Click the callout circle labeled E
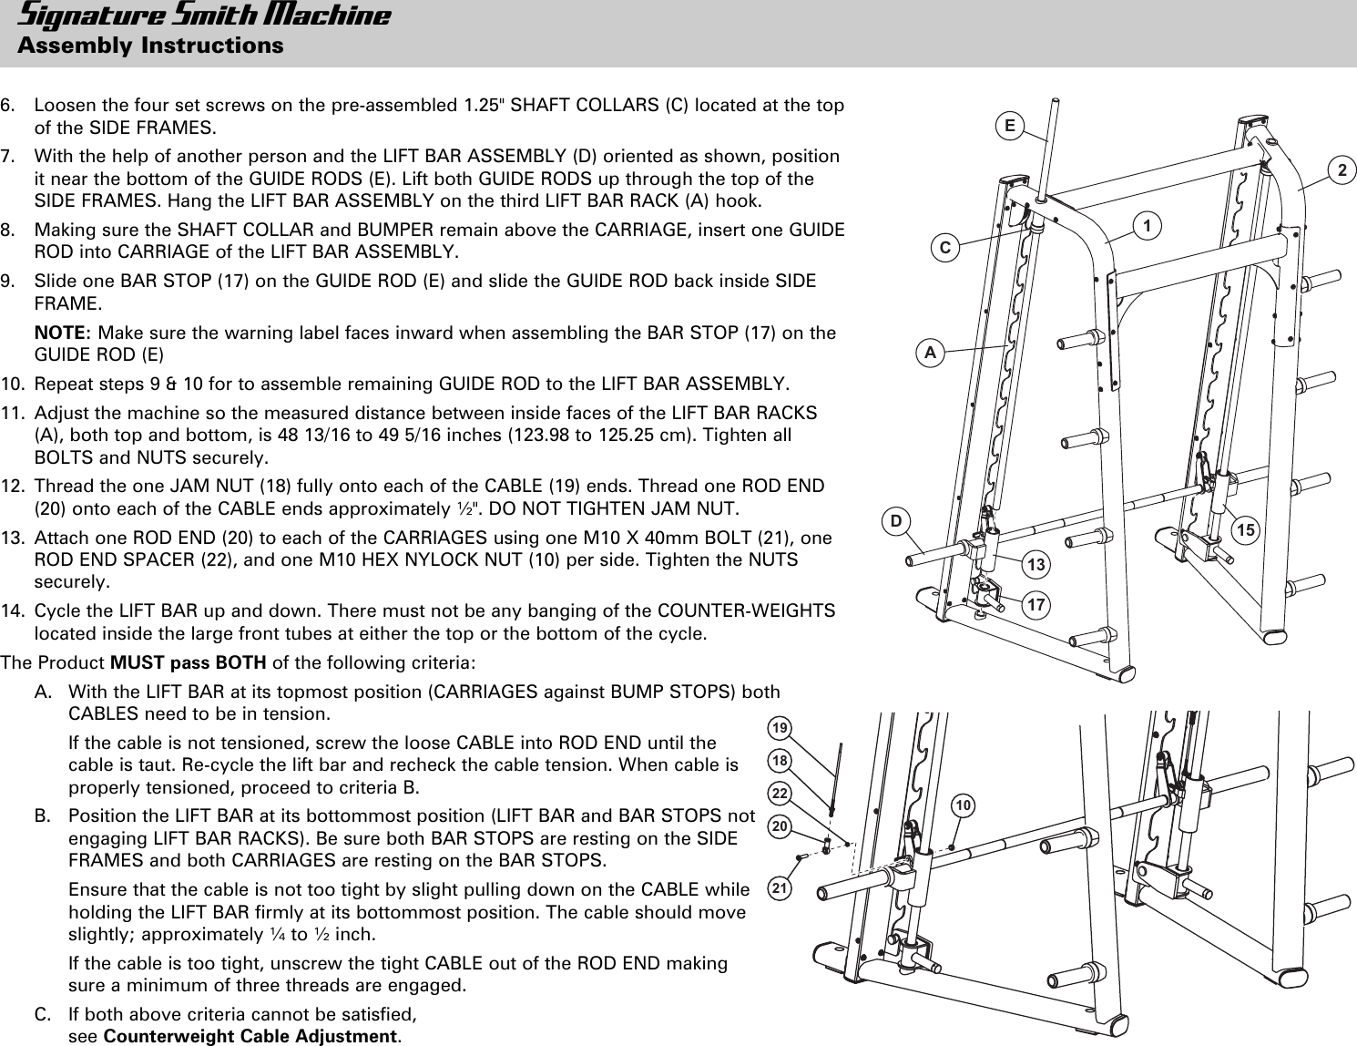(1010, 125)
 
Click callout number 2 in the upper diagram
(1342, 170)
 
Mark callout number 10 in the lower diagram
(964, 805)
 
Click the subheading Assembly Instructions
(150, 45)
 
